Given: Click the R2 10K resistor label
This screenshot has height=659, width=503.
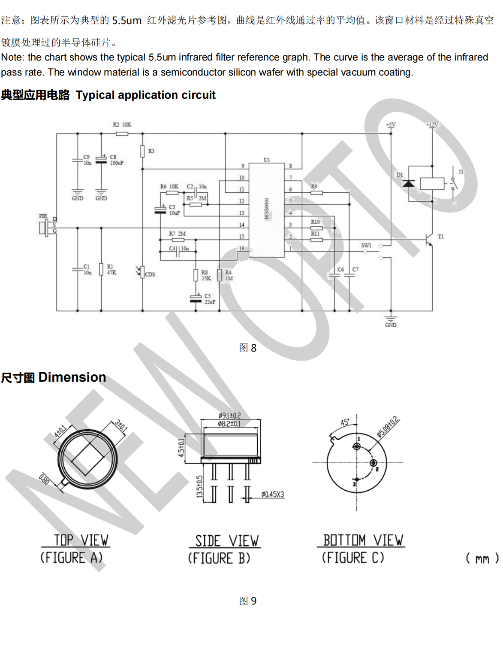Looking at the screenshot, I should (x=122, y=125).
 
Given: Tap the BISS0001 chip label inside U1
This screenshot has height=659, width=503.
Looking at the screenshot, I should (x=267, y=209).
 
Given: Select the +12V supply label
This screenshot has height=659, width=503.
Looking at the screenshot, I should (x=432, y=125).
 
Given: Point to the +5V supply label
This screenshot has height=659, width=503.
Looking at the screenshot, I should (x=391, y=125).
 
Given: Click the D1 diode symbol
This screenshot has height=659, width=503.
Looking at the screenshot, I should (x=408, y=184).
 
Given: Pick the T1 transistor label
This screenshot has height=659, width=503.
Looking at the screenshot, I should (x=441, y=237).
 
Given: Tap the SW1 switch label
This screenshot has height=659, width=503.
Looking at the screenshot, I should (x=366, y=246).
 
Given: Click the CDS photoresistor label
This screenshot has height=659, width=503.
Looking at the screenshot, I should (x=150, y=274).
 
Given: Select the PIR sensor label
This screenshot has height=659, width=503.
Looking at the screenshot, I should (x=43, y=216).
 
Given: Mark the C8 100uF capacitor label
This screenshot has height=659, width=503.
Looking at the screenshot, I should (x=116, y=160).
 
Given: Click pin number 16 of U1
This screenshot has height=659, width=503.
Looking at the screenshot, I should (x=242, y=249).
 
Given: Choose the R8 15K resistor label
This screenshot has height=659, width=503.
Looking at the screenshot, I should (x=206, y=276).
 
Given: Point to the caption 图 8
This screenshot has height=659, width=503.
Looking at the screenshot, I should (x=247, y=348).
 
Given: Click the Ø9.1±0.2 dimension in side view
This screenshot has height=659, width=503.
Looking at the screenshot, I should (x=229, y=416).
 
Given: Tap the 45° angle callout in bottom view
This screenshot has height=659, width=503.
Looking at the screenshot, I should (x=345, y=422).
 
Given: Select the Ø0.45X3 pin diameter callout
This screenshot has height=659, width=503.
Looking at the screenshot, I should (x=273, y=495).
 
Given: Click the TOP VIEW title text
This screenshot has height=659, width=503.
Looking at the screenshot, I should (x=81, y=540).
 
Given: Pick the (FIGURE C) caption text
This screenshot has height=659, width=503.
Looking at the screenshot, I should (x=353, y=558).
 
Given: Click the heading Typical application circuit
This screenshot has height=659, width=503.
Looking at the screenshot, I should (x=145, y=95).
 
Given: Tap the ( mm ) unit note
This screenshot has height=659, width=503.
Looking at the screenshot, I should (x=482, y=559).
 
